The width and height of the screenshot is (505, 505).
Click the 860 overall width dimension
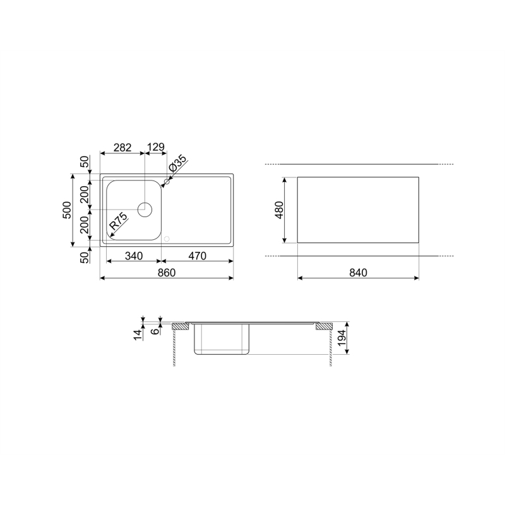[x=167, y=273]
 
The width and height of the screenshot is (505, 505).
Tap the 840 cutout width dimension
[x=358, y=273]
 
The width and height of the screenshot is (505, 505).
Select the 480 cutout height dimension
[x=279, y=210]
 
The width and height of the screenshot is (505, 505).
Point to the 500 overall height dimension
[x=67, y=210]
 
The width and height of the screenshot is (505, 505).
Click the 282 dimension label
[x=122, y=148]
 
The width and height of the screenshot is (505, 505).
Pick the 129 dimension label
[x=156, y=147]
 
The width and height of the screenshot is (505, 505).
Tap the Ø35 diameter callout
[x=177, y=163]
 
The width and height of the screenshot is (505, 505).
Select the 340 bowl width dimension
[x=134, y=256]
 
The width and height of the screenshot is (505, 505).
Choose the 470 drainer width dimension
[x=197, y=256]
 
